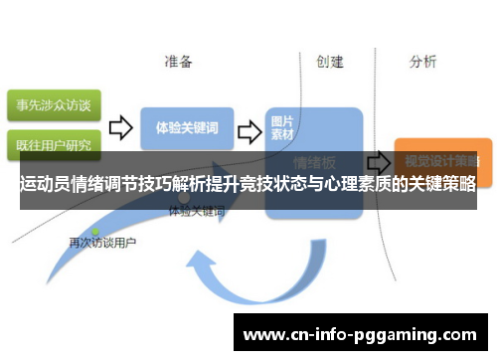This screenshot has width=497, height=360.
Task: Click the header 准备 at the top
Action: (178, 62)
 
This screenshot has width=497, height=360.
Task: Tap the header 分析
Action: (422, 62)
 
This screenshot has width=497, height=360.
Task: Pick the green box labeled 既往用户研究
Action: (52, 145)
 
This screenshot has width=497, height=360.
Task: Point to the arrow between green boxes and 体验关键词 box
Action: (120, 127)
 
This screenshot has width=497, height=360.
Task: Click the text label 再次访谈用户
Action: (102, 242)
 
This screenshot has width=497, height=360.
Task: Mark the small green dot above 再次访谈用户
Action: (95, 231)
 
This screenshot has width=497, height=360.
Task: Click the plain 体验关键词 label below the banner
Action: (197, 212)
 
